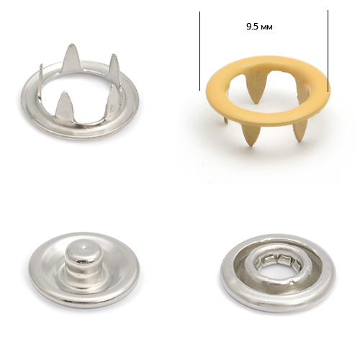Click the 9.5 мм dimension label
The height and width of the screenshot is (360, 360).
point(259,27)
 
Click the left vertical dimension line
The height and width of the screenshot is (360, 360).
point(199,51)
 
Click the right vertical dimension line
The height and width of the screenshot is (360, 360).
point(328,51)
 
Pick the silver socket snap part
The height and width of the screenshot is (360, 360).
point(277,272)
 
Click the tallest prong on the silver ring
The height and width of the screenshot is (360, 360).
point(71,58)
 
